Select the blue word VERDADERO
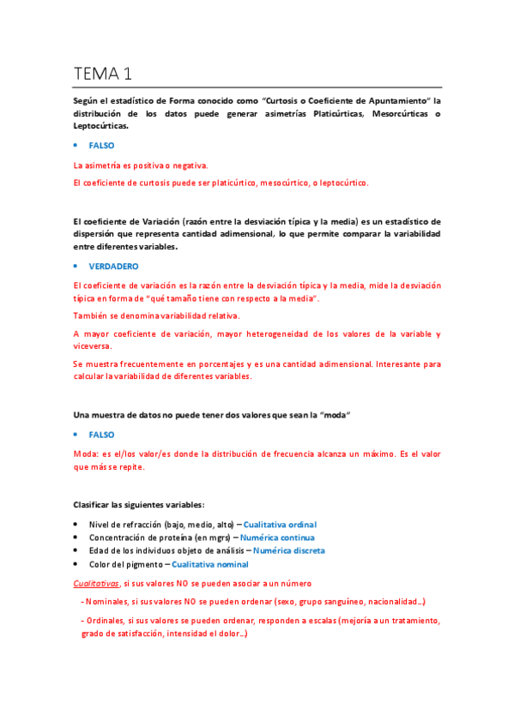pyautogui.click(x=113, y=267)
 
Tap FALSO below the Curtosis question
pyautogui.click(x=101, y=146)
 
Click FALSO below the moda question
pyautogui.click(x=101, y=435)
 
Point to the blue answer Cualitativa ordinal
pyautogui.click(x=281, y=524)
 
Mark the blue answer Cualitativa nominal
pyautogui.click(x=210, y=564)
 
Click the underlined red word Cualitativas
pyautogui.click(x=97, y=583)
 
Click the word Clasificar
pyautogui.click(x=93, y=504)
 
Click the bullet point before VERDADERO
pyautogui.click(x=76, y=267)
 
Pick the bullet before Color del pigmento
pyautogui.click(x=76, y=564)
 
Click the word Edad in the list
pyautogui.click(x=98, y=550)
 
